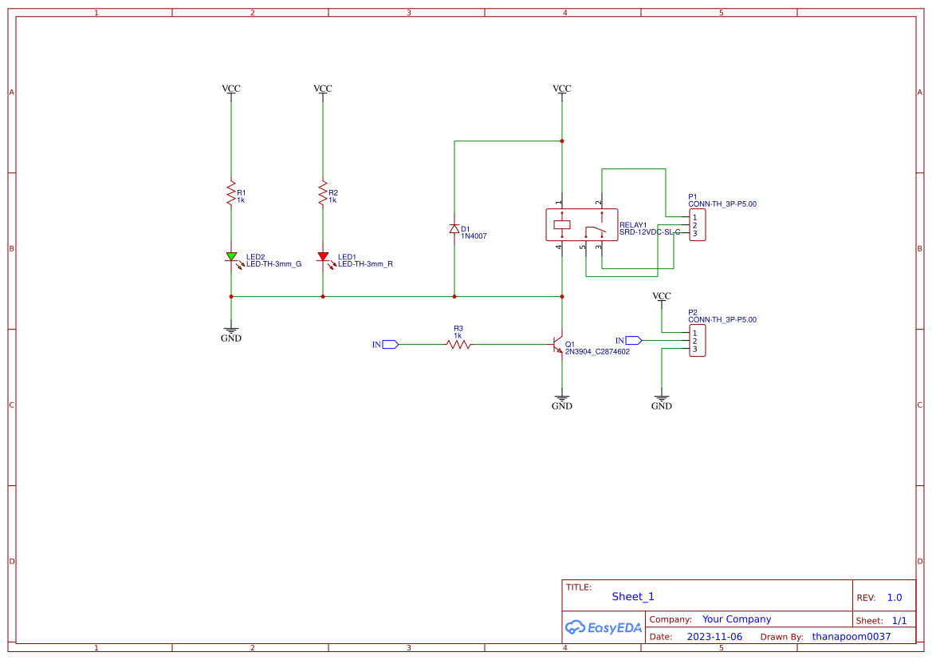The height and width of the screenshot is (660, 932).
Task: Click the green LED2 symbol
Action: tap(231, 257)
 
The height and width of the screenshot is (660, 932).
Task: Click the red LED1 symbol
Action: tap(323, 257)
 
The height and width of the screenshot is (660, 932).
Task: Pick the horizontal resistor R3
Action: tap(458, 344)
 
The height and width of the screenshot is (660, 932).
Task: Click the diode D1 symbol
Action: tap(454, 229)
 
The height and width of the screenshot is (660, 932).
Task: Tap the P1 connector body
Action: tap(698, 225)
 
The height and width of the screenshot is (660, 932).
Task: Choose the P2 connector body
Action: tap(698, 341)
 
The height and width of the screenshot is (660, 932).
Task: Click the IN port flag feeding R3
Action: tap(390, 344)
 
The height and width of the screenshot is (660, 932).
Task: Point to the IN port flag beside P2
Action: tap(633, 341)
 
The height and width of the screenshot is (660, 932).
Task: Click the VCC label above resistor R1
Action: tap(231, 89)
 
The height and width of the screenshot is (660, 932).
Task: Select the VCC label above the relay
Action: tap(562, 89)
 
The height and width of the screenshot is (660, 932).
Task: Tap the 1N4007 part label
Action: tap(474, 237)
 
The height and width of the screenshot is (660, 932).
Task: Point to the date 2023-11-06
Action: tap(714, 637)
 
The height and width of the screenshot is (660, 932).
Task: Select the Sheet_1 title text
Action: tap(633, 596)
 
